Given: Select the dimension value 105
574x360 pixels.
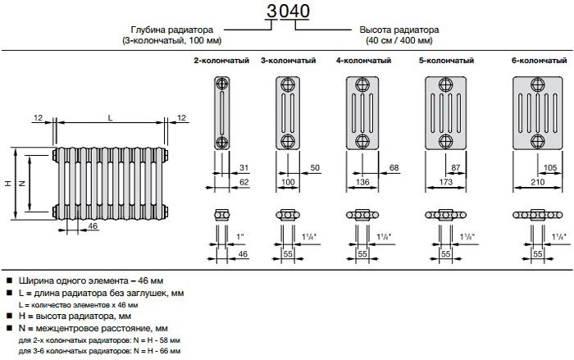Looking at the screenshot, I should pyautogui.click(x=551, y=167).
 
